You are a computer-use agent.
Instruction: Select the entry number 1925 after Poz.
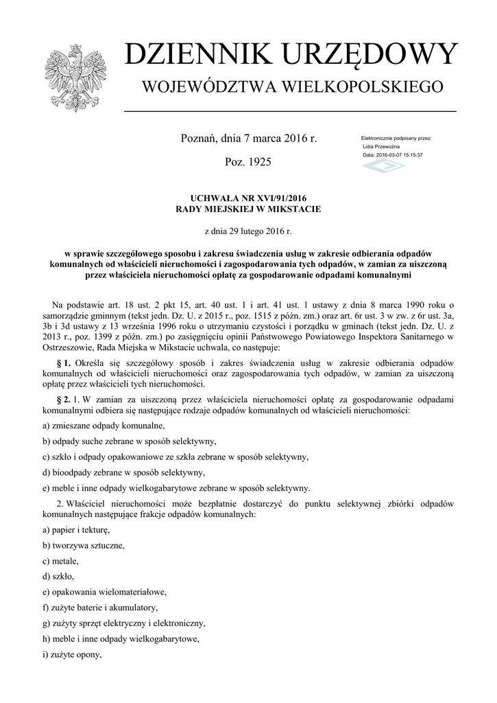pyautogui.click(x=258, y=163)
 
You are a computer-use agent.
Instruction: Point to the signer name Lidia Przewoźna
pyautogui.click(x=381, y=147)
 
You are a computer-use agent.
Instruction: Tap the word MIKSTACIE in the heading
pyautogui.click(x=297, y=209)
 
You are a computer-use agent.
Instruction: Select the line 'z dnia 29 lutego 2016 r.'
pyautogui.click(x=248, y=231)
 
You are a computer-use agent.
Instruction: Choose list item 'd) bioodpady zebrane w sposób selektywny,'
pyautogui.click(x=123, y=473)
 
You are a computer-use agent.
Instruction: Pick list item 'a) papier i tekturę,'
pyautogui.click(x=76, y=530)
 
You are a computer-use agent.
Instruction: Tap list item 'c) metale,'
pyautogui.click(x=60, y=561)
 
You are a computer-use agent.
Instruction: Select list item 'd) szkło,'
pyautogui.click(x=58, y=576)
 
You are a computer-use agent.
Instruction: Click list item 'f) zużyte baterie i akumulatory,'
pyautogui.click(x=100, y=608)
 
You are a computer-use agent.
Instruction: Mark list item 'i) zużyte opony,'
pyautogui.click(x=72, y=654)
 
